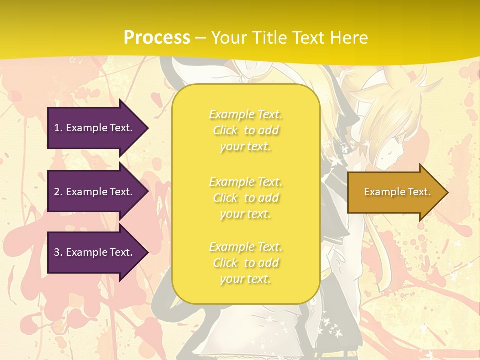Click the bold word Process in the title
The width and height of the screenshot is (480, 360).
(x=157, y=38)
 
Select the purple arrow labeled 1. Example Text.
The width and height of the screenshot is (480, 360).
(x=95, y=128)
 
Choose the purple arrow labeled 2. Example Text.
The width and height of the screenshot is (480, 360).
(x=95, y=192)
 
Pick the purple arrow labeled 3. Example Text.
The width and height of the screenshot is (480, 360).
(x=95, y=252)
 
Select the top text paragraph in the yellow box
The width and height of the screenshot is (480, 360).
(x=245, y=130)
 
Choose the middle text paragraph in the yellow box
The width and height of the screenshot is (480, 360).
(x=245, y=198)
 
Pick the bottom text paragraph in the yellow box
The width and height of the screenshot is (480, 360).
(x=245, y=263)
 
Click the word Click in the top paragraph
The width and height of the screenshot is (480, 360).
(x=226, y=131)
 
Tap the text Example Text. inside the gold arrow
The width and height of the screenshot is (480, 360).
(x=397, y=192)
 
